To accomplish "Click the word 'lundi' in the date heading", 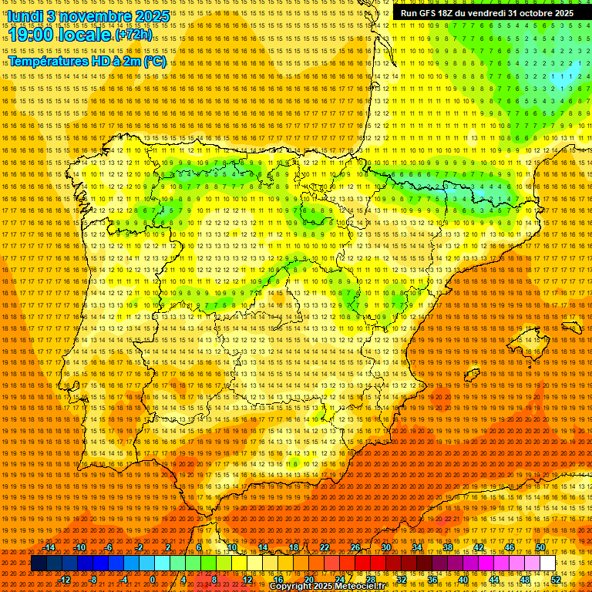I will point(24,15).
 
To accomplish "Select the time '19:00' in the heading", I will point(36,34).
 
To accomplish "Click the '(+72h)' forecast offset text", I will point(133,35).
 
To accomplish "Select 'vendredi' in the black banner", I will point(483,13).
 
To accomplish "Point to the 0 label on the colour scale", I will point(153,580).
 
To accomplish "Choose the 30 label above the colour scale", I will point(385,547).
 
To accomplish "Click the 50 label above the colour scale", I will point(540,547).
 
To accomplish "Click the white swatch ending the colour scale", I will point(548,563).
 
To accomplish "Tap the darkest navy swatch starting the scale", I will point(39,563).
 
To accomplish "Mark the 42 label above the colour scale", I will point(478,547).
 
